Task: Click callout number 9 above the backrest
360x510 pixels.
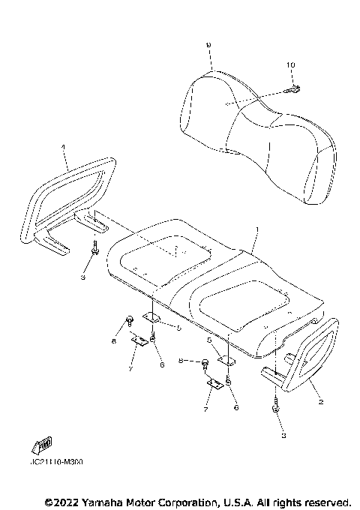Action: (208, 46)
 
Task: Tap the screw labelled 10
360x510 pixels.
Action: (293, 91)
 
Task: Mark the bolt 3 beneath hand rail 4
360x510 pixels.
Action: (95, 249)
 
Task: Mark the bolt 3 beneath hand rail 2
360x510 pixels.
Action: (276, 410)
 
